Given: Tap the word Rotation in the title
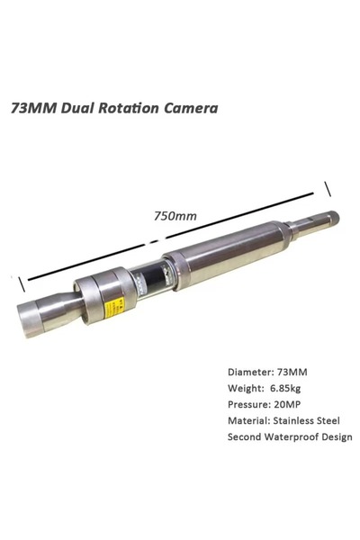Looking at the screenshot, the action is coord(129,108).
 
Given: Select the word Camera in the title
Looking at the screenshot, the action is coord(191,108).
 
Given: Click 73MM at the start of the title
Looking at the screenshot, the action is coord(33,108).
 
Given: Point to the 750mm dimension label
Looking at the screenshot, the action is coord(175,216).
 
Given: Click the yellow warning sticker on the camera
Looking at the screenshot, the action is coord(114,306).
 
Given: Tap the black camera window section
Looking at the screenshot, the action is coord(155,279).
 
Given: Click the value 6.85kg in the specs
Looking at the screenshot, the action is coord(285,389).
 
